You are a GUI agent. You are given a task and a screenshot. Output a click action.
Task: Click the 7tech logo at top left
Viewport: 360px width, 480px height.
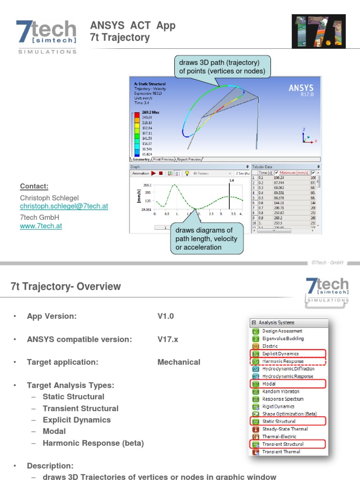46,36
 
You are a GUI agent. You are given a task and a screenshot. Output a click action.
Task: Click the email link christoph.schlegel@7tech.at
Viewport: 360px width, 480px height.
64,206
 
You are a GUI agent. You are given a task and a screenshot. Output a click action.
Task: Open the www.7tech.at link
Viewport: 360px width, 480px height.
41,226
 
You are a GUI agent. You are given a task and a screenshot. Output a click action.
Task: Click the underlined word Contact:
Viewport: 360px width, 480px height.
34,186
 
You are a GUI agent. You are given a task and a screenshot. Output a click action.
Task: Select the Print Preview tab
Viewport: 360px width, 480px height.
164,159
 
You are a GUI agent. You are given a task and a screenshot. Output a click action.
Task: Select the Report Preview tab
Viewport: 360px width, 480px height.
189,159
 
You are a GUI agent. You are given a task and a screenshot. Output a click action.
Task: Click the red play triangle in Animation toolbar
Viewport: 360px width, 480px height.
153,173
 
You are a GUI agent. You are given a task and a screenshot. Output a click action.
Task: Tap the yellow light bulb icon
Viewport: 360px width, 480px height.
187,173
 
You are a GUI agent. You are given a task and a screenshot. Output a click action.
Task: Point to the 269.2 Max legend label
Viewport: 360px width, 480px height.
151,113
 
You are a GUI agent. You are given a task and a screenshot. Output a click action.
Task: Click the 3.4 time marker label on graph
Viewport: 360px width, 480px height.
231,180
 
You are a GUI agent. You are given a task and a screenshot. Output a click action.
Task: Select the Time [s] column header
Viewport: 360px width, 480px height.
266,172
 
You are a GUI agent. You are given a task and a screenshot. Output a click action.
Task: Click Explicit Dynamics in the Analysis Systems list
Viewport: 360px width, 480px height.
280,354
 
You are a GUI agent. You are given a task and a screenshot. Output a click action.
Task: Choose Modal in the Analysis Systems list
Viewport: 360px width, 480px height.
269,384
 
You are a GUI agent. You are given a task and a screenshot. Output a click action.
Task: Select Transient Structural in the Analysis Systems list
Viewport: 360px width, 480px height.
283,444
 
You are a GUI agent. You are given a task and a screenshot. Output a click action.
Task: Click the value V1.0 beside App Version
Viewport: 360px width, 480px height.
165,316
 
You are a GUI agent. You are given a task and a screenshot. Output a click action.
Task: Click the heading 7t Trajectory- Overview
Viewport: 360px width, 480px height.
66,286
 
